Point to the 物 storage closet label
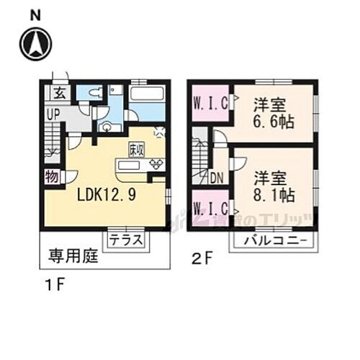(x=53, y=176)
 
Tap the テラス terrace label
(x=127, y=240)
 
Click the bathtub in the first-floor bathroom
(x=148, y=94)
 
